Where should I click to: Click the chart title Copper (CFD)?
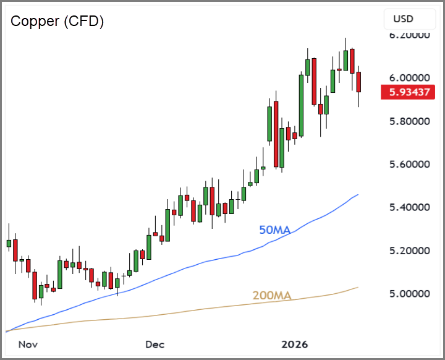(x=57, y=21)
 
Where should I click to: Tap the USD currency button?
(x=404, y=19)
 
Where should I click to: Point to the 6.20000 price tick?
(x=409, y=35)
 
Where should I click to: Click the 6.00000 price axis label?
(x=409, y=78)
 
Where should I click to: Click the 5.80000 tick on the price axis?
(x=409, y=121)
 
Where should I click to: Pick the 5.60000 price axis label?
(x=409, y=165)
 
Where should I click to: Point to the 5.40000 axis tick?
(x=409, y=207)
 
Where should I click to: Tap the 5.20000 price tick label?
(x=409, y=251)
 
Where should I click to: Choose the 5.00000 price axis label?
(x=409, y=294)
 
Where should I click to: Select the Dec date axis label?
(x=155, y=344)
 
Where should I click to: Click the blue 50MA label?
(x=274, y=230)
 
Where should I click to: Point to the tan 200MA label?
(x=272, y=296)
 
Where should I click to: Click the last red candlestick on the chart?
(x=358, y=82)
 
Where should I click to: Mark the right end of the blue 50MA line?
(x=358, y=195)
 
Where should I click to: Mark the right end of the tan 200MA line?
(x=358, y=287)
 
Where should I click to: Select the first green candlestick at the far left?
(x=9, y=243)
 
